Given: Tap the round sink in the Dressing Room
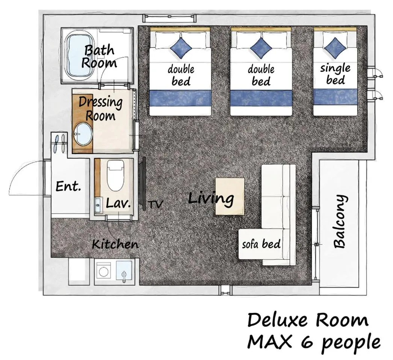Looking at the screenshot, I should [83, 134].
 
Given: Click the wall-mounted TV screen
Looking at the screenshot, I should [143, 183].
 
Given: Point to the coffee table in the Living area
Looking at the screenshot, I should [230, 196].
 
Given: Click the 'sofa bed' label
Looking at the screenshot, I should [261, 244].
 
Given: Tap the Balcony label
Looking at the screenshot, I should [340, 222].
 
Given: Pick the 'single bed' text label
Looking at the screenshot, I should [335, 74].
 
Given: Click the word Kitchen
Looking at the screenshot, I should [115, 244].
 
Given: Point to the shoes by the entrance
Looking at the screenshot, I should [59, 143].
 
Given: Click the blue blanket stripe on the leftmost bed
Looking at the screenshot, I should [180, 98].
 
